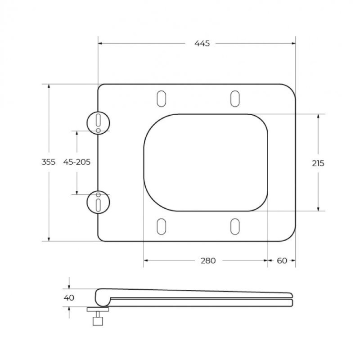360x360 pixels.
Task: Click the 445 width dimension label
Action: (202, 43)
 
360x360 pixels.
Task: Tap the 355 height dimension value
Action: (49, 162)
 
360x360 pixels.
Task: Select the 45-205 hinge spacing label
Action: (77, 162)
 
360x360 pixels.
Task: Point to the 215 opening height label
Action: (318, 163)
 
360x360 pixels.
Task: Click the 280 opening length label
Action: (208, 261)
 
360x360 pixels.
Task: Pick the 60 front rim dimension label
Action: (282, 261)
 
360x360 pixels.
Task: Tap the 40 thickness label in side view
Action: (69, 298)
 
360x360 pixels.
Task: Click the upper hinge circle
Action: (87, 123)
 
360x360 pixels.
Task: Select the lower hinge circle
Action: (87, 202)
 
